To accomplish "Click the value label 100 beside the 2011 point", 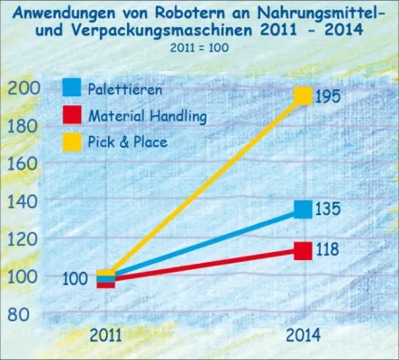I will (75, 280).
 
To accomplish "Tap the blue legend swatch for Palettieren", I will (72, 88).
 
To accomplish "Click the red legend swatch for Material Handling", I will (72, 114).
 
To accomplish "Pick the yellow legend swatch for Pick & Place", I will (72, 140).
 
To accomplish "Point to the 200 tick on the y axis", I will (23, 87).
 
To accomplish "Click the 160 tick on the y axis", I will (23, 164).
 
